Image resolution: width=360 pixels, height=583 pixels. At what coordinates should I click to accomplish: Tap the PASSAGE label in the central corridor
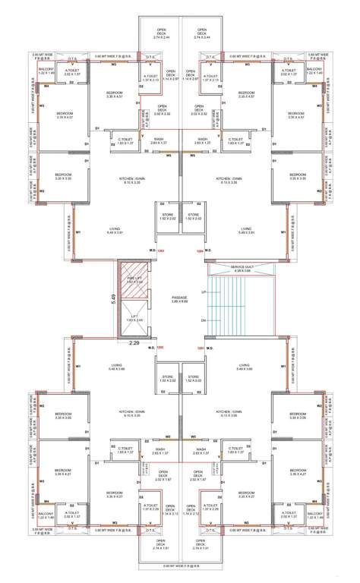click(x=179, y=298)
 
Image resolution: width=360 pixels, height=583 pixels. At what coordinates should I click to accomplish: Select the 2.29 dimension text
click(x=134, y=343)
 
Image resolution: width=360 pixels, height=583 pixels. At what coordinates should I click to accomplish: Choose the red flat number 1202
click(x=160, y=348)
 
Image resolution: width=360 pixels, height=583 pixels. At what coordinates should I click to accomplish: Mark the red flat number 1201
click(x=201, y=348)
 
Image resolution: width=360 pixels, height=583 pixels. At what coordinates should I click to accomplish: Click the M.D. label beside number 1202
click(x=151, y=348)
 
